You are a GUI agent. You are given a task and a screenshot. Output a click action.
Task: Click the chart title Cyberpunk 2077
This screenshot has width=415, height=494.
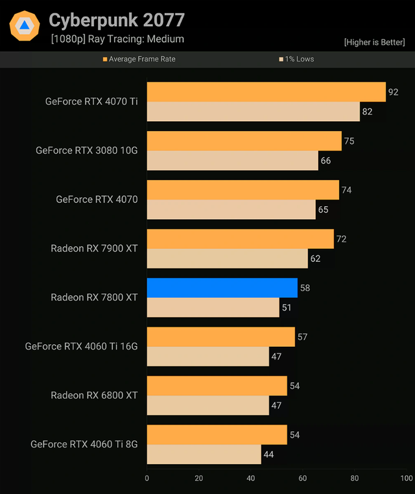coord(117,20)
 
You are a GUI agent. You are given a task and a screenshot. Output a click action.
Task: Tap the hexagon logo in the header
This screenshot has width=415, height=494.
coord(25,26)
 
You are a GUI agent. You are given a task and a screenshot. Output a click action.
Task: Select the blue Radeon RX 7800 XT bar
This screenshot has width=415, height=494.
coord(222,288)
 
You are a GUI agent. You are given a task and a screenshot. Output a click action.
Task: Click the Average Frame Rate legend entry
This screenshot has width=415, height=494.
coord(139,59)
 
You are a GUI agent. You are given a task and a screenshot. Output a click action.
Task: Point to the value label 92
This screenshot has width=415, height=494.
coord(393,92)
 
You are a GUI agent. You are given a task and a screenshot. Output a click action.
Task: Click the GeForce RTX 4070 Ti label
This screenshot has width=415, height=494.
coord(91,101)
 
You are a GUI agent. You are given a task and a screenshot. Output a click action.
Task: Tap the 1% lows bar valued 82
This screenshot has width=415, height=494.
coord(253,112)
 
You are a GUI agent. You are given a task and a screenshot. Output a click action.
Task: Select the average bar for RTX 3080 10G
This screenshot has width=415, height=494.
coord(244,141)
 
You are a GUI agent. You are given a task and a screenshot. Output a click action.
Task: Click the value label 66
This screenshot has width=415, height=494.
coord(326,161)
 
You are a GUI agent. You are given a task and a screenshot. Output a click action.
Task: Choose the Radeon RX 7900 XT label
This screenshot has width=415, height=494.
coord(94,248)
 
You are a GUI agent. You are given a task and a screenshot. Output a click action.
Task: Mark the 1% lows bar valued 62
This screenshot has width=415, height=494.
coord(227,259)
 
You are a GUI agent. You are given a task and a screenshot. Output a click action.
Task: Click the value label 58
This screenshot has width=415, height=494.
coord(305,288)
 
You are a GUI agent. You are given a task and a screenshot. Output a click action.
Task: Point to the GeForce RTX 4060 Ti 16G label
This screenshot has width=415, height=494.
coord(81,346)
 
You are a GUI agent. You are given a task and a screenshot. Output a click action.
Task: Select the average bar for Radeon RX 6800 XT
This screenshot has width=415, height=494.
coord(217,386)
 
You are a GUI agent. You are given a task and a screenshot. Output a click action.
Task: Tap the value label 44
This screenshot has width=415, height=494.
coord(268,454)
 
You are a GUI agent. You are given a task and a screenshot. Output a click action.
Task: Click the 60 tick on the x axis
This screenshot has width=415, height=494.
coord(302,478)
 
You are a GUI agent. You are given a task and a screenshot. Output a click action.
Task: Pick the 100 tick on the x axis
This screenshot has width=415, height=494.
coord(406,478)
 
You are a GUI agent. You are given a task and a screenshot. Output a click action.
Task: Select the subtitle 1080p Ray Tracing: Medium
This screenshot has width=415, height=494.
coord(117,39)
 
